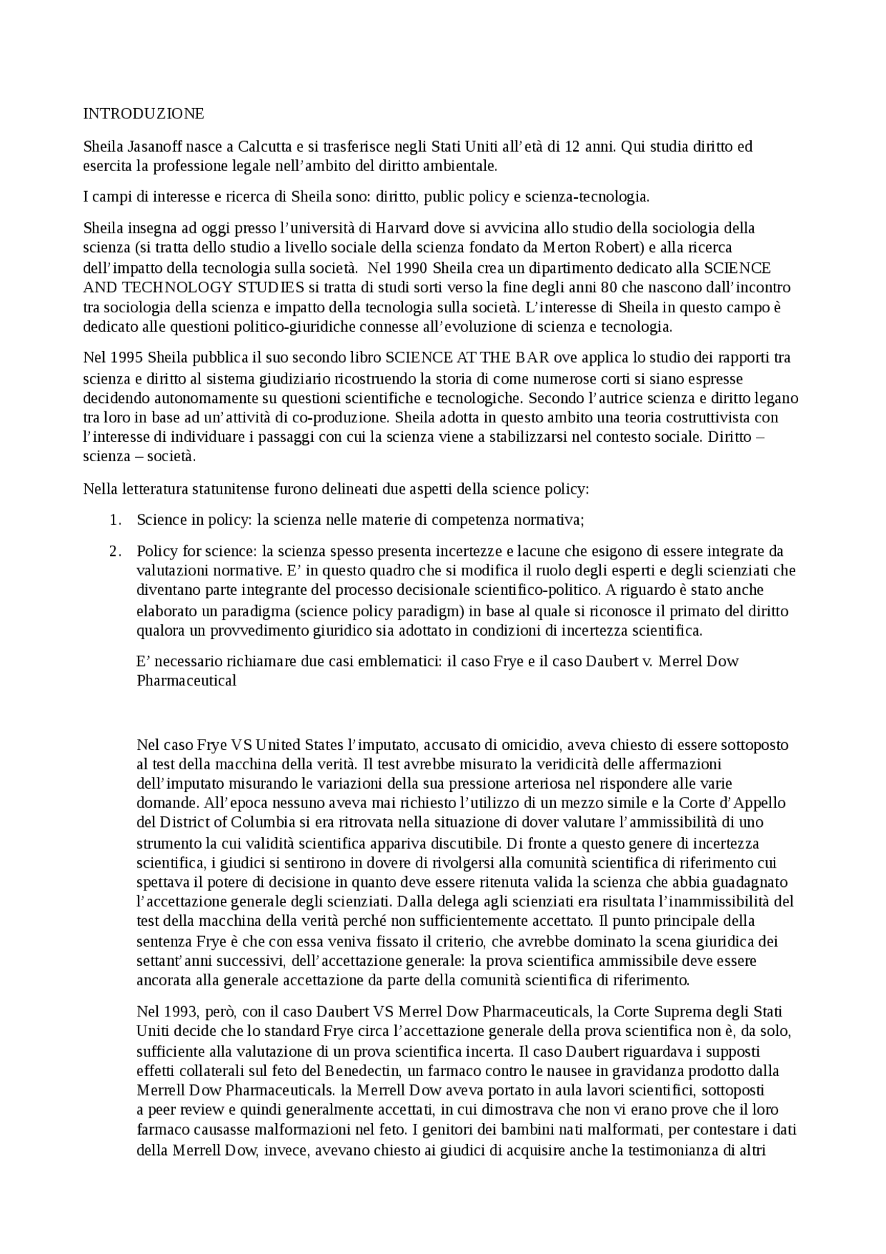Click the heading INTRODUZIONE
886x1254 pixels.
143,114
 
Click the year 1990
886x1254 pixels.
401,268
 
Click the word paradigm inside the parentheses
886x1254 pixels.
429,611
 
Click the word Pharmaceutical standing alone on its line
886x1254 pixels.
186,680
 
